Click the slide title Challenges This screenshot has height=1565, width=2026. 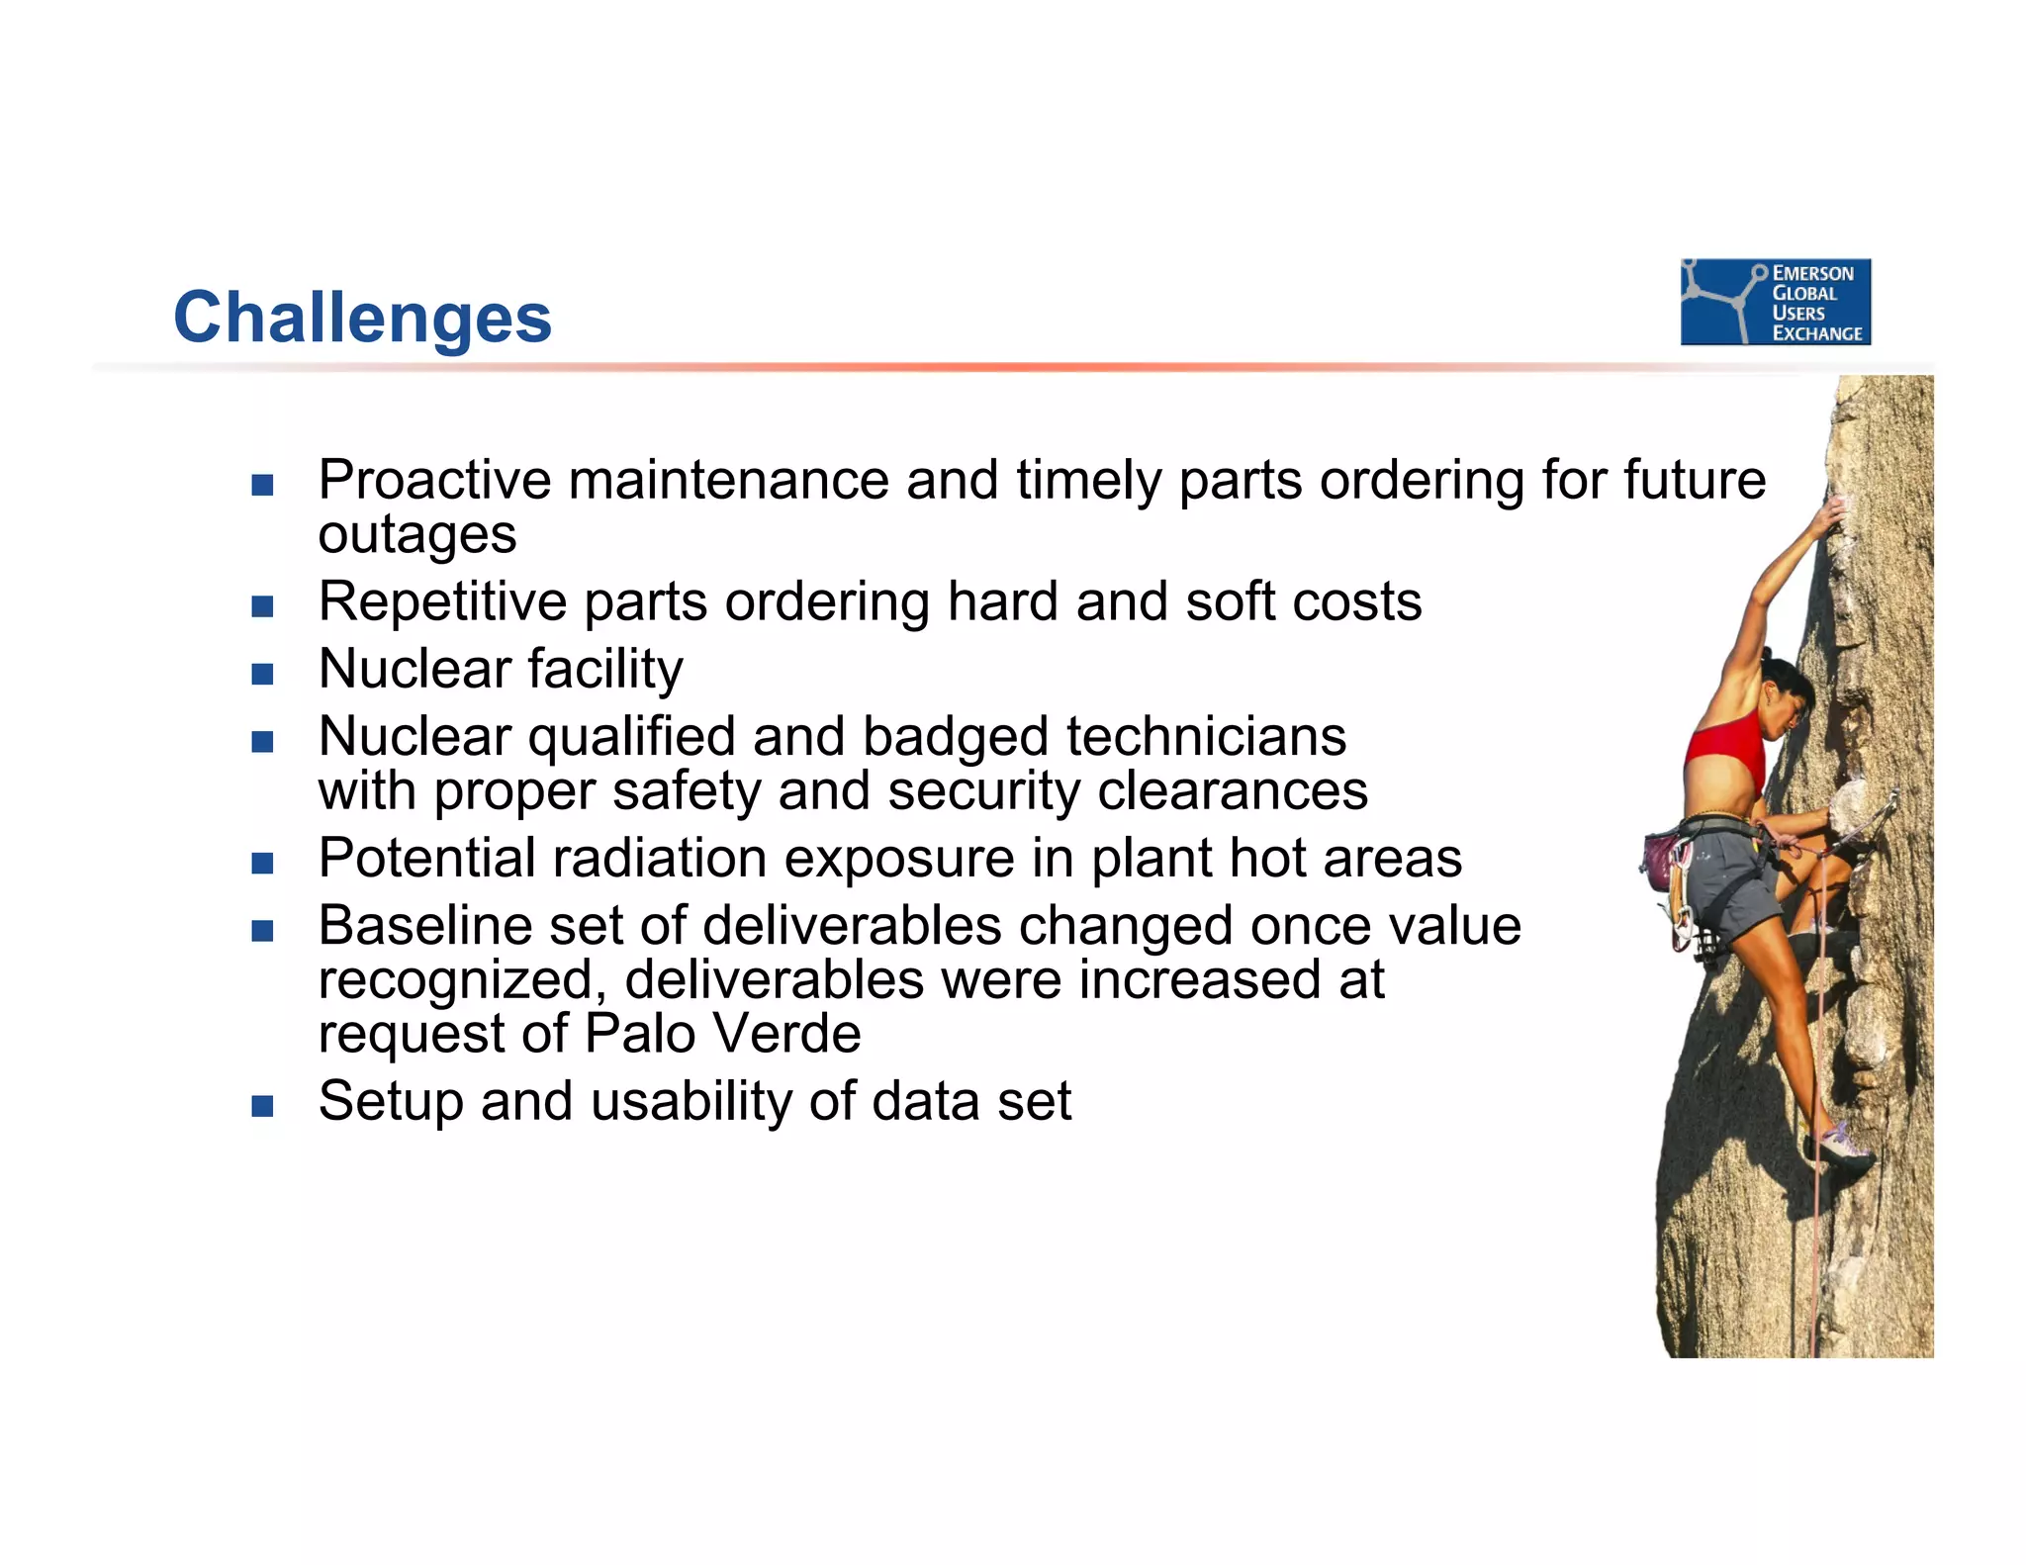click(362, 318)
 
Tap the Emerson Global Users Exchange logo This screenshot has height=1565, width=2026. click(1775, 302)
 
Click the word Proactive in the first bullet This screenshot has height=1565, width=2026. click(434, 481)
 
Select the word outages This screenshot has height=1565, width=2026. click(416, 535)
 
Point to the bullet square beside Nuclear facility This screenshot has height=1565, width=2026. click(262, 675)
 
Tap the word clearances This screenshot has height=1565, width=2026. click(1232, 791)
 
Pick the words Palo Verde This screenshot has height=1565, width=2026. click(722, 1034)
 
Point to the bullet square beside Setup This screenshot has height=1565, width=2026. click(262, 1106)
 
